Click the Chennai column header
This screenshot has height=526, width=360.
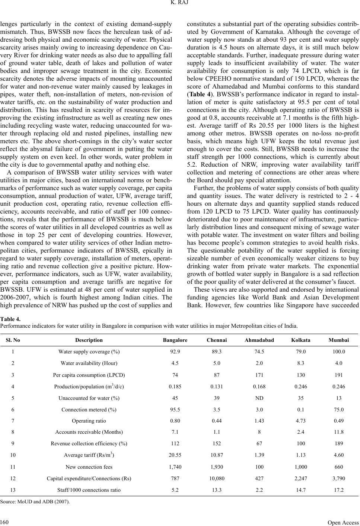tap(217, 340)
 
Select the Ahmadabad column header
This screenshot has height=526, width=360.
tap(259, 340)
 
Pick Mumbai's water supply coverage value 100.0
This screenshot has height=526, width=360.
tap(339, 352)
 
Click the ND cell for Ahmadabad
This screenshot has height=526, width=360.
tap(259, 398)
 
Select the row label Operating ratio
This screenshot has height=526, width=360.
tap(89, 421)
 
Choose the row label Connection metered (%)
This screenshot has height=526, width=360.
tap(89, 410)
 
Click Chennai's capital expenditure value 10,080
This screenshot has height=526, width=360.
tap(217, 478)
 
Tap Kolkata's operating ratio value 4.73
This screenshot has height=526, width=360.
tap(301, 421)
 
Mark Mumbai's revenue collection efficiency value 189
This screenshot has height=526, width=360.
tap(339, 443)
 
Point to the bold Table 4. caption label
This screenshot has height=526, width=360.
tap(10, 319)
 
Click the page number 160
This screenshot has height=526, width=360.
tap(5, 522)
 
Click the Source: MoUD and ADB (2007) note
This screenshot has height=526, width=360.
tap(35, 501)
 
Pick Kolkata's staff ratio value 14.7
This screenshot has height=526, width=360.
tap(301, 490)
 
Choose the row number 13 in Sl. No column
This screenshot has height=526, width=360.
tap(13, 490)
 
